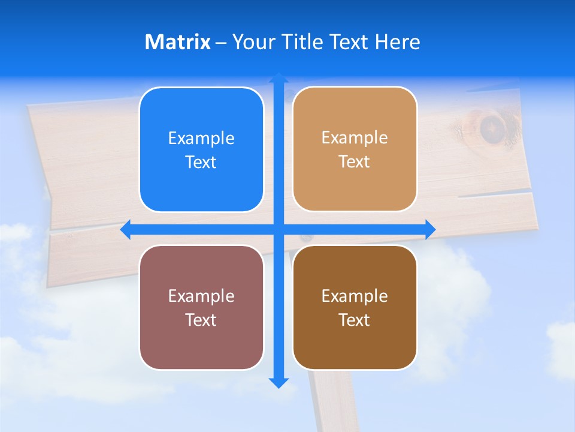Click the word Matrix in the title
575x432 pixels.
177,42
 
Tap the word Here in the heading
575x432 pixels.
397,42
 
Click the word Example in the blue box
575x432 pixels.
201,139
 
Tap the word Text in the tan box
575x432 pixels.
355,162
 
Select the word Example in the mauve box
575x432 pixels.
201,296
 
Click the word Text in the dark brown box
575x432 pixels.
355,320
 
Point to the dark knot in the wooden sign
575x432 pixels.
492,128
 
